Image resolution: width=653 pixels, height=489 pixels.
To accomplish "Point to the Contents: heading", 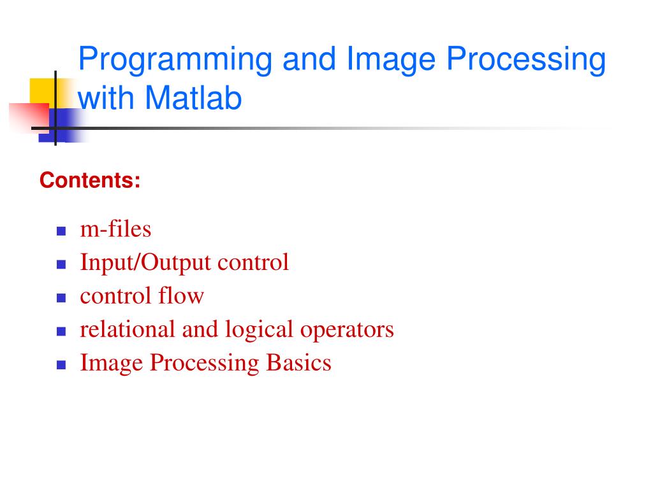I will (x=90, y=181).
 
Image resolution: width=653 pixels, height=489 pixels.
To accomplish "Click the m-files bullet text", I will (x=115, y=229).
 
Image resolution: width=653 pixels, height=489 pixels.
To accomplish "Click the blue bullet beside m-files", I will (x=61, y=230).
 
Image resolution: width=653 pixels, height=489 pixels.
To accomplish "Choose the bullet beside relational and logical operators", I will (x=61, y=331).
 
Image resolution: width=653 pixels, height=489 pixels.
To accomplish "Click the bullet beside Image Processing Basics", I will (x=61, y=365).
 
